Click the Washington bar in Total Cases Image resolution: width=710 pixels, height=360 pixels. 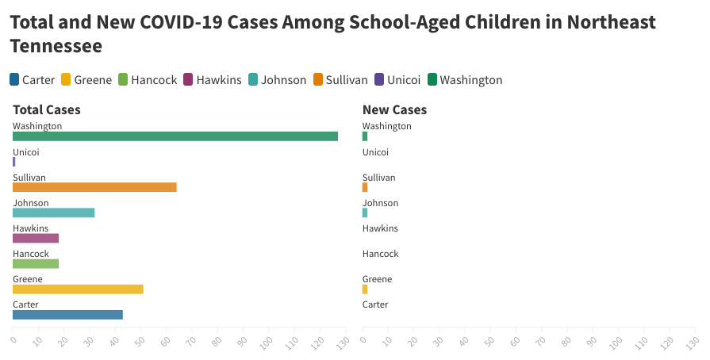(x=175, y=136)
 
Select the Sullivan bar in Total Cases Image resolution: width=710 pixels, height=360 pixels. (x=94, y=187)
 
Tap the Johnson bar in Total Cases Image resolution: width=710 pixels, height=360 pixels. (x=54, y=213)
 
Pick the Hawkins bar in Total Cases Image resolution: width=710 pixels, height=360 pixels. (x=36, y=238)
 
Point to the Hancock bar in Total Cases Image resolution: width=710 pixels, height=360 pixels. (x=36, y=263)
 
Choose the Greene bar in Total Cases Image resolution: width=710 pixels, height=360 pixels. (x=78, y=289)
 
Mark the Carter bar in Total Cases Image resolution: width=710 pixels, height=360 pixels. (x=67, y=314)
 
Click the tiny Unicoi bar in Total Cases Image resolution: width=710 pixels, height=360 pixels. (x=14, y=162)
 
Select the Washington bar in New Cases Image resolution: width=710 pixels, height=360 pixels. (x=365, y=136)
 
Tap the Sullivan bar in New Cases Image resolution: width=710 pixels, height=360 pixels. (x=365, y=187)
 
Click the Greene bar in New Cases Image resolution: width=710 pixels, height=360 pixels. (x=365, y=289)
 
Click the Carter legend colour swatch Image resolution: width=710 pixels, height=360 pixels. (x=15, y=79)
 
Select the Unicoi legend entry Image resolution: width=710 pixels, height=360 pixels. (x=397, y=79)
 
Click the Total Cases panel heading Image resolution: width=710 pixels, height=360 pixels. (x=47, y=110)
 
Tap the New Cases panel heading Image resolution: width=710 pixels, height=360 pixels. (x=394, y=110)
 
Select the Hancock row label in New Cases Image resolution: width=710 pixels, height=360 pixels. (x=380, y=254)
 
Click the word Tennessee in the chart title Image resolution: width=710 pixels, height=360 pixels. (x=56, y=47)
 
